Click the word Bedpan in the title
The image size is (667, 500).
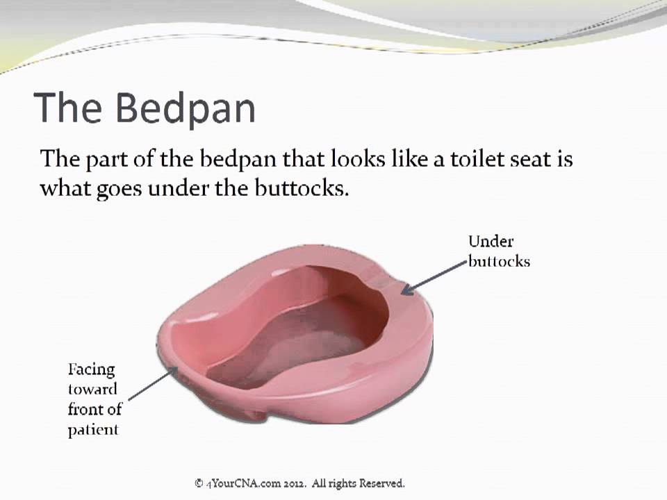tap(186, 108)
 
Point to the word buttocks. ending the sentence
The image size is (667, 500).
tap(302, 187)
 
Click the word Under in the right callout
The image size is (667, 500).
tap(491, 241)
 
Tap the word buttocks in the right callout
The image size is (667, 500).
tap(499, 261)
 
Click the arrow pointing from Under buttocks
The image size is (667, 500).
tap(434, 278)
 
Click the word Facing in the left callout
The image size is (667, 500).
tap(92, 369)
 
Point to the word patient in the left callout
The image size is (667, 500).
tap(93, 429)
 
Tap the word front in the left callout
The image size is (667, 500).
tap(85, 409)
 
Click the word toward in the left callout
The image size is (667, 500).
tap(92, 389)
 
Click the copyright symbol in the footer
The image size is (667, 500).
tap(199, 483)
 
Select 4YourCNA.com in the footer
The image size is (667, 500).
tap(243, 483)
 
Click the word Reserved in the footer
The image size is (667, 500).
tap(381, 483)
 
